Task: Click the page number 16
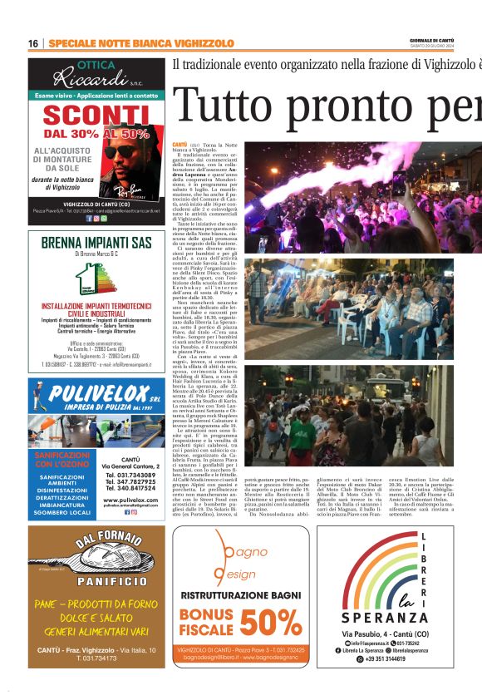point(33,43)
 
